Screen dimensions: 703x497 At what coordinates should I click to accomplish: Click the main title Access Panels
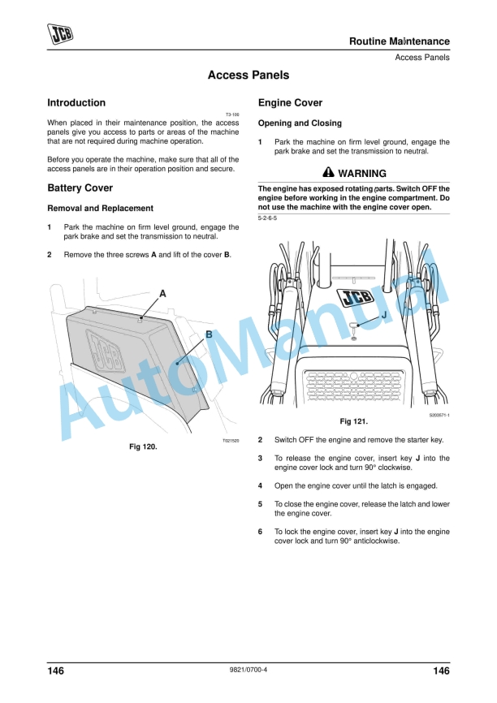click(x=248, y=75)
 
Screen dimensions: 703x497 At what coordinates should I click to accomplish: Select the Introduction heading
click(x=76, y=103)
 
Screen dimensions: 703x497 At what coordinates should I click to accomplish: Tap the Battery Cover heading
click(x=80, y=188)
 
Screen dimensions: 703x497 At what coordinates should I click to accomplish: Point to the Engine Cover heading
click(x=290, y=103)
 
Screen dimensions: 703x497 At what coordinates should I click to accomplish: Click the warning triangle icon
click(x=327, y=173)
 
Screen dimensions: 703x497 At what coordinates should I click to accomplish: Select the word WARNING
click(x=362, y=174)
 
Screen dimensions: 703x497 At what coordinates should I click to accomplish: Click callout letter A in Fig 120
click(x=162, y=292)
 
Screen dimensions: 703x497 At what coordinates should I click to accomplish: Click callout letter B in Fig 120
click(x=209, y=334)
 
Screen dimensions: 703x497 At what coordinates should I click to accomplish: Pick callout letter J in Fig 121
click(x=383, y=314)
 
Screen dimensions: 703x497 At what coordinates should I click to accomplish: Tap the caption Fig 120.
click(x=143, y=446)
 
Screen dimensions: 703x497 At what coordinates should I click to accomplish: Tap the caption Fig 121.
click(x=353, y=421)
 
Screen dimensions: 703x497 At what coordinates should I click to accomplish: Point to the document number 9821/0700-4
click(x=248, y=671)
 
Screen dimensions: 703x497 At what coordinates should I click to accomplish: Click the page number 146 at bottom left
click(x=56, y=671)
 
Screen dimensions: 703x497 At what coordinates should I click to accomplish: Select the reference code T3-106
click(x=231, y=114)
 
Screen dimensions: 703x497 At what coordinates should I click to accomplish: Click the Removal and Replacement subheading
click(x=100, y=209)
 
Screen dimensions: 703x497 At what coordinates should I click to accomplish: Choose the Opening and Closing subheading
click(x=300, y=123)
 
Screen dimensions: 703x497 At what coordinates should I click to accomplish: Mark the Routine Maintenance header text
click(x=399, y=41)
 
